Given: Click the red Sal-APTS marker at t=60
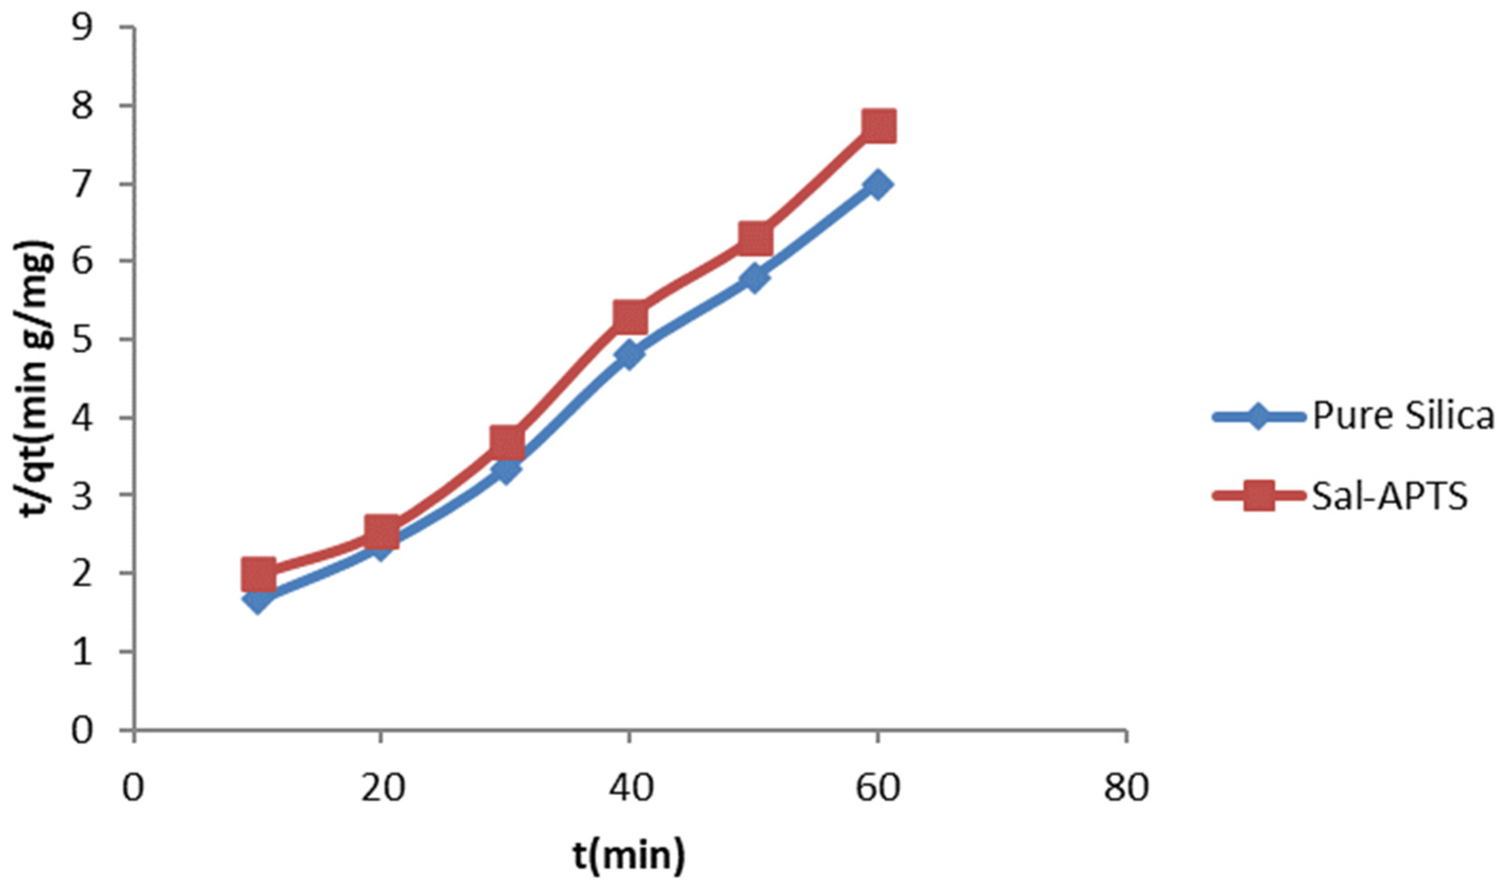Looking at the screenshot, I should coord(877,126).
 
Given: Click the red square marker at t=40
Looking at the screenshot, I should coord(630,317).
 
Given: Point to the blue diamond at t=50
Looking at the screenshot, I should coord(754,278).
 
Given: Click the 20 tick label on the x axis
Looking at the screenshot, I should coord(381,788).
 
